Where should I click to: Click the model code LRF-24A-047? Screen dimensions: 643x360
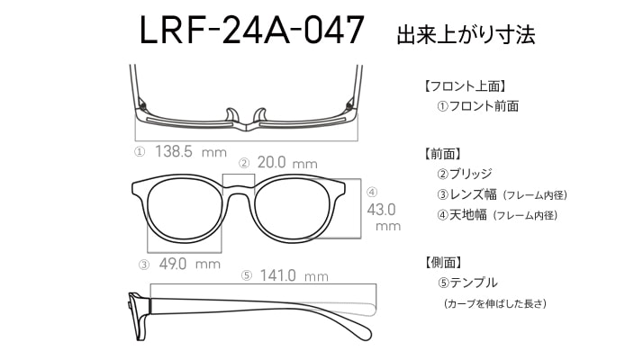point(252,30)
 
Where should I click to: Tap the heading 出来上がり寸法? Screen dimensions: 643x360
point(466,34)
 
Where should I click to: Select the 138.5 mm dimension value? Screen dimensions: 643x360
point(191,152)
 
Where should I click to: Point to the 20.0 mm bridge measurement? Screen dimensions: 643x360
point(287,163)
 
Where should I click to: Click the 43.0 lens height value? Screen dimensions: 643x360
point(381,210)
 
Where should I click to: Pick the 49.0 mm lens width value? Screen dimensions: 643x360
point(189,264)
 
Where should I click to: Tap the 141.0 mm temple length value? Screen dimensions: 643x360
point(294,275)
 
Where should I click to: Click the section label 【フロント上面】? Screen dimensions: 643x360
point(464,86)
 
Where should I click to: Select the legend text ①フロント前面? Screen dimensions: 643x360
point(478,106)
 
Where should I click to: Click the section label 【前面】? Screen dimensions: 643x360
point(443,154)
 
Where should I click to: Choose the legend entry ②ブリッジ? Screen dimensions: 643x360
point(464,174)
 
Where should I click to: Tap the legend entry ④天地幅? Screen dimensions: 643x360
point(462,214)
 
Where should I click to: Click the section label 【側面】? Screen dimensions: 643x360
point(443,263)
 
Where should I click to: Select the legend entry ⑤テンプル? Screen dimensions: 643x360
point(467,283)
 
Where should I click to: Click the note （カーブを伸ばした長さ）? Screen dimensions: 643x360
point(495,304)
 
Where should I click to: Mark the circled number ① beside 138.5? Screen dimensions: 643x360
point(140,152)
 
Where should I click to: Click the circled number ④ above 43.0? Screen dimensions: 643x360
point(372,192)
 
